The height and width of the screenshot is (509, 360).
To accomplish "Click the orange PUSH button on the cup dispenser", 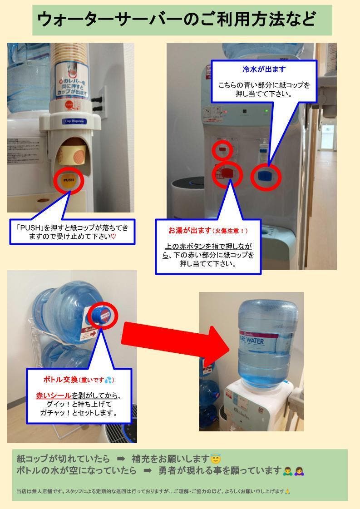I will (x=69, y=180).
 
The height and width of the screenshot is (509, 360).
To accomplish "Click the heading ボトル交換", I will (x=60, y=379).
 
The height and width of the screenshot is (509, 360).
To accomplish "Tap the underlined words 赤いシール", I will (x=54, y=395).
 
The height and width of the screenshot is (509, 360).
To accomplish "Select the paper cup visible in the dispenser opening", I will (x=74, y=154).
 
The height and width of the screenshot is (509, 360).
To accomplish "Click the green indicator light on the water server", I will (x=267, y=110).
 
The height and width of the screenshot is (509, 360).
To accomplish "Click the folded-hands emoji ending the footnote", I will (x=287, y=491).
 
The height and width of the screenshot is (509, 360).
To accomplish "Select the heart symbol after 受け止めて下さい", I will (x=114, y=237).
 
